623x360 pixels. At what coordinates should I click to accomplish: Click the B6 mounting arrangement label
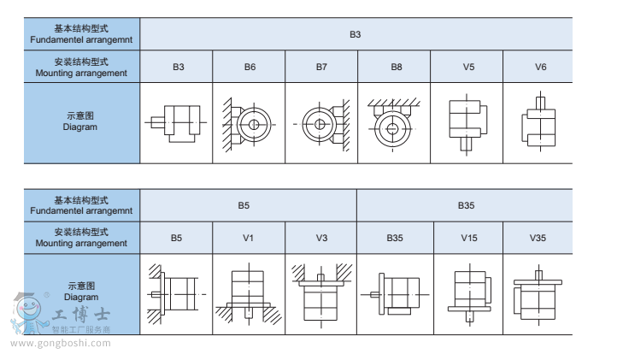[x=250, y=67]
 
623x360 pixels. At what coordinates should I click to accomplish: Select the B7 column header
[x=321, y=67]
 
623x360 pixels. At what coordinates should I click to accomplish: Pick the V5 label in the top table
[x=468, y=67]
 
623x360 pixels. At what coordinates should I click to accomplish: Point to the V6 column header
[x=540, y=67]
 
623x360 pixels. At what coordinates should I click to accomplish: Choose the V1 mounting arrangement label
[x=248, y=237]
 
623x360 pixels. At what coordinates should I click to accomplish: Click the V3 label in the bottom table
[x=321, y=237]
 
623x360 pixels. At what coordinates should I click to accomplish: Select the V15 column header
[x=469, y=237]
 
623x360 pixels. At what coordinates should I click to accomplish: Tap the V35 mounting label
[x=538, y=237]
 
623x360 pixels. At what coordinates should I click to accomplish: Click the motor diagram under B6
[x=249, y=125]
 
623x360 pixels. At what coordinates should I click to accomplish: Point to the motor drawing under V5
[x=468, y=122]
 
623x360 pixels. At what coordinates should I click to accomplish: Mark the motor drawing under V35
[x=537, y=295]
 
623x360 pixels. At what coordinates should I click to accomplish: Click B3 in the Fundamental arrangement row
[x=356, y=34]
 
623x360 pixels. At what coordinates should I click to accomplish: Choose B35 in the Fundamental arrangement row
[x=466, y=205]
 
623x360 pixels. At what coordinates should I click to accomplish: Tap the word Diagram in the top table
[x=80, y=127]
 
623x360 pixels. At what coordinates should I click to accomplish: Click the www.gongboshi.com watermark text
[x=61, y=344]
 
